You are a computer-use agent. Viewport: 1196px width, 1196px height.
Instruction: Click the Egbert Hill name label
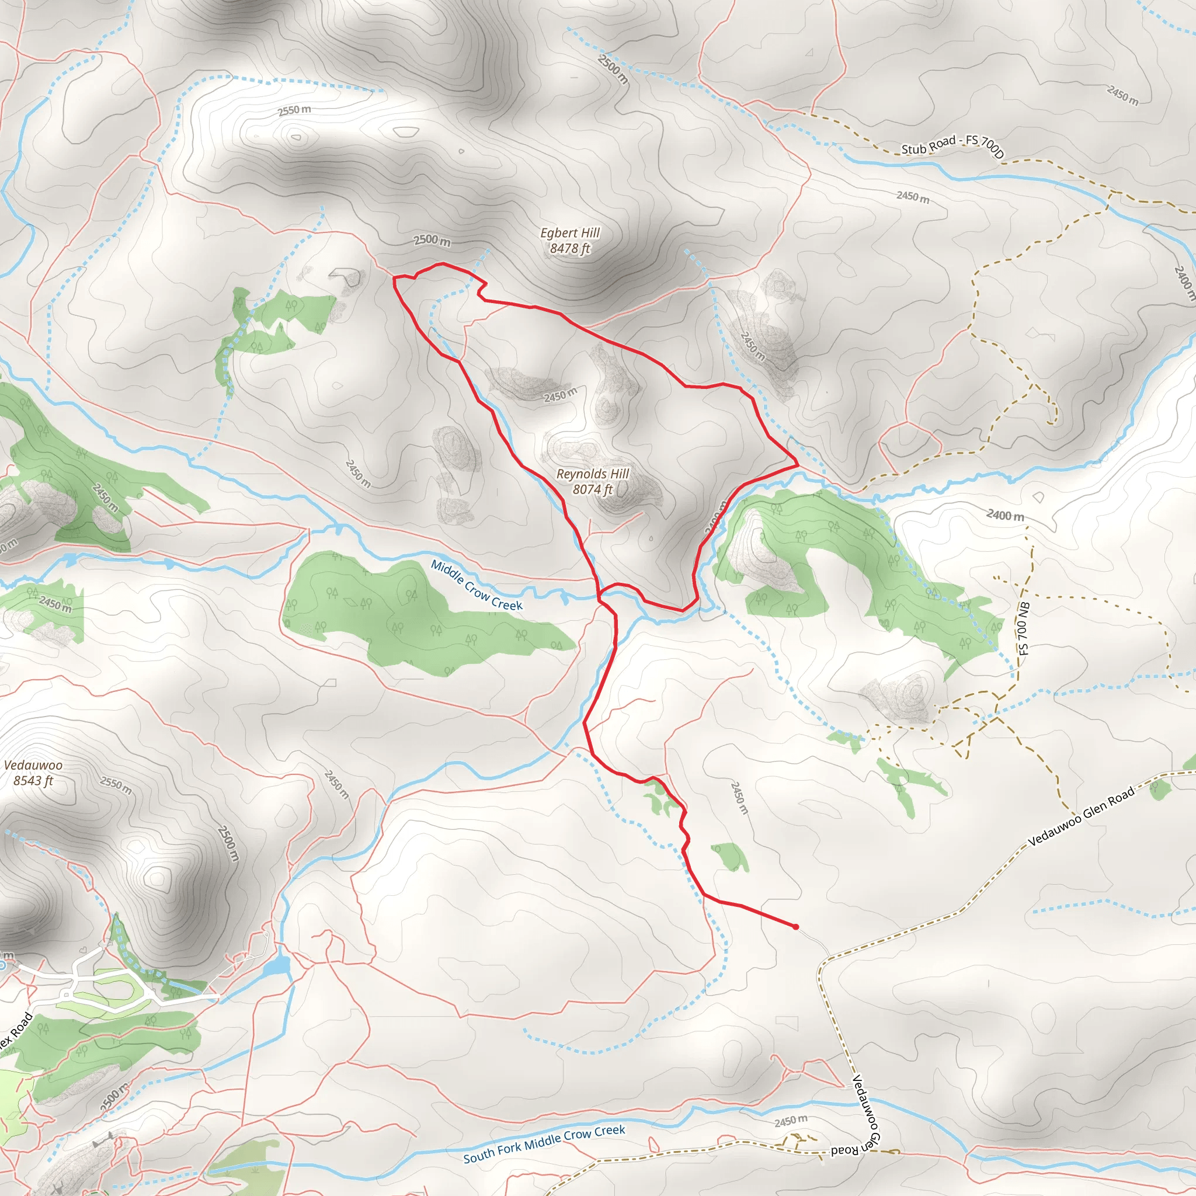tap(569, 233)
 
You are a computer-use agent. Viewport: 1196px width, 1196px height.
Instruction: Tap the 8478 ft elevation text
tap(569, 248)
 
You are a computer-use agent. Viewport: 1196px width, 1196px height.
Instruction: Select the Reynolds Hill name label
tap(592, 474)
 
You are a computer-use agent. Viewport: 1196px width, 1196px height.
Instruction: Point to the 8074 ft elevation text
tap(592, 489)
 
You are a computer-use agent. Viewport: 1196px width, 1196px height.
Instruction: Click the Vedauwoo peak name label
tap(33, 765)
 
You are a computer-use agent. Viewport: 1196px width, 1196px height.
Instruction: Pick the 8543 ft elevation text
tap(33, 781)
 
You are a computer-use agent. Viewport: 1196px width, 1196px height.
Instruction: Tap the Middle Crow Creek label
tap(477, 585)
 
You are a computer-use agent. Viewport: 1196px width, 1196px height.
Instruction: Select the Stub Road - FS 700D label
tap(952, 145)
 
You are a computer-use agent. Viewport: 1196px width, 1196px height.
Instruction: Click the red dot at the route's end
tap(795, 927)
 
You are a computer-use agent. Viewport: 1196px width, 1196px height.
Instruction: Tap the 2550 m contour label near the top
tap(294, 110)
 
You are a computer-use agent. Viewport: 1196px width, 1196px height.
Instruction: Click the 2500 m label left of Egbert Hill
tap(432, 240)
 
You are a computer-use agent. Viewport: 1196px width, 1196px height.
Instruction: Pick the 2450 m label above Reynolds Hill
tap(560, 394)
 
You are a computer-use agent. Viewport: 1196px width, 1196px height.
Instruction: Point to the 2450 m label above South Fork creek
tap(791, 1121)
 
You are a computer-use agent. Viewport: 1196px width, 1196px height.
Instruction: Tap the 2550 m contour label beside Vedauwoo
tap(116, 785)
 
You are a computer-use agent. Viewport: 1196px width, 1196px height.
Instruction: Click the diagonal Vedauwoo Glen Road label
tap(1081, 816)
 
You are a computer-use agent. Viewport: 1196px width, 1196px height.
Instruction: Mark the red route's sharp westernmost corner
tap(394, 278)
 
